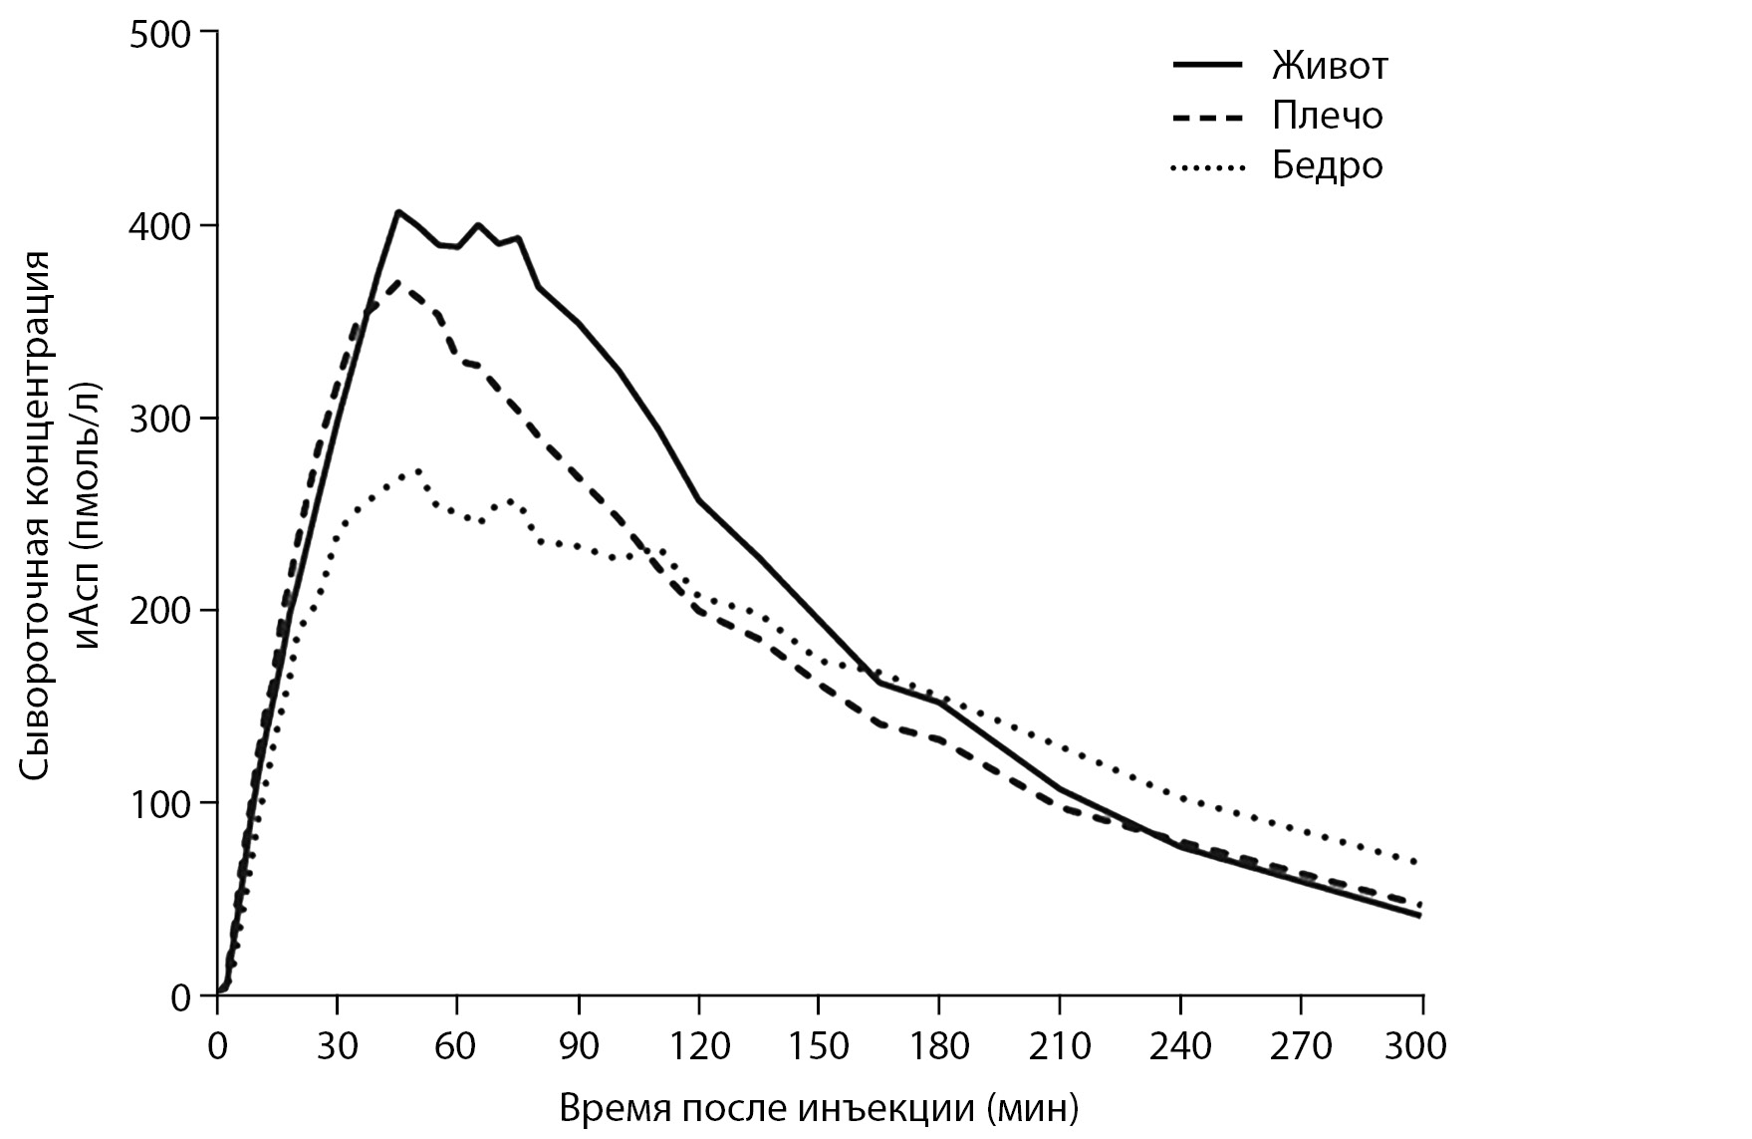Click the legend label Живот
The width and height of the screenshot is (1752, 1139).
click(1329, 66)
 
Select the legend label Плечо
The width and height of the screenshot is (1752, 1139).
click(1327, 116)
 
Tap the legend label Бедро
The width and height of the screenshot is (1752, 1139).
click(1327, 164)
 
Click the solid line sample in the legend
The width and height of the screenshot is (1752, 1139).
click(1207, 65)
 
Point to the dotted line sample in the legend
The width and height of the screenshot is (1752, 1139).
click(1207, 168)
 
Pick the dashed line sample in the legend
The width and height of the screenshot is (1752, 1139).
click(1207, 118)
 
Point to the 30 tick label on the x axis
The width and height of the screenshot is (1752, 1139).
click(337, 1046)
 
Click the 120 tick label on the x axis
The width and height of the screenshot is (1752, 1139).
click(698, 1046)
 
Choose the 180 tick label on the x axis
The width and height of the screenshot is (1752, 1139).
click(939, 1046)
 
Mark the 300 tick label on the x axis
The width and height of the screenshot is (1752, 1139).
click(1421, 1046)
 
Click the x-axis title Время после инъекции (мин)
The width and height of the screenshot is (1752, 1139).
click(819, 1108)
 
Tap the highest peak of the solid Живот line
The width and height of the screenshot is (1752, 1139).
click(397, 211)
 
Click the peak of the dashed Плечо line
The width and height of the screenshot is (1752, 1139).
click(397, 282)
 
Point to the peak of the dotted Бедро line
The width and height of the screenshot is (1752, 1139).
click(418, 469)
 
